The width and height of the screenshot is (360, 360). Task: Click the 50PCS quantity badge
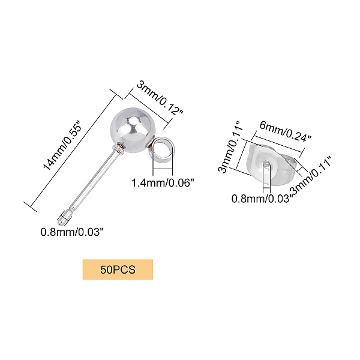pyautogui.click(x=118, y=269)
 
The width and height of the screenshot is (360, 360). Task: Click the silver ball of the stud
pyautogui.click(x=131, y=127)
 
